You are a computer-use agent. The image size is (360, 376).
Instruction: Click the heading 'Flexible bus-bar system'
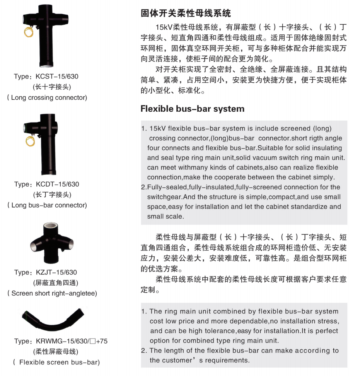point(192,109)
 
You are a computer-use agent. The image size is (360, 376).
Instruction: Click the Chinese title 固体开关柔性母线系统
point(186,13)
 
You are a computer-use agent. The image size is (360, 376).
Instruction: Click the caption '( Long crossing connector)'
point(47,97)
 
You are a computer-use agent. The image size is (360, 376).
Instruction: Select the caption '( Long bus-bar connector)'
point(47,205)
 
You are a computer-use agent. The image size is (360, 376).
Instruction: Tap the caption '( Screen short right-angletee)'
point(52,293)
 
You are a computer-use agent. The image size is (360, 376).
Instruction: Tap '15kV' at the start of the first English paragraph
point(157,128)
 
